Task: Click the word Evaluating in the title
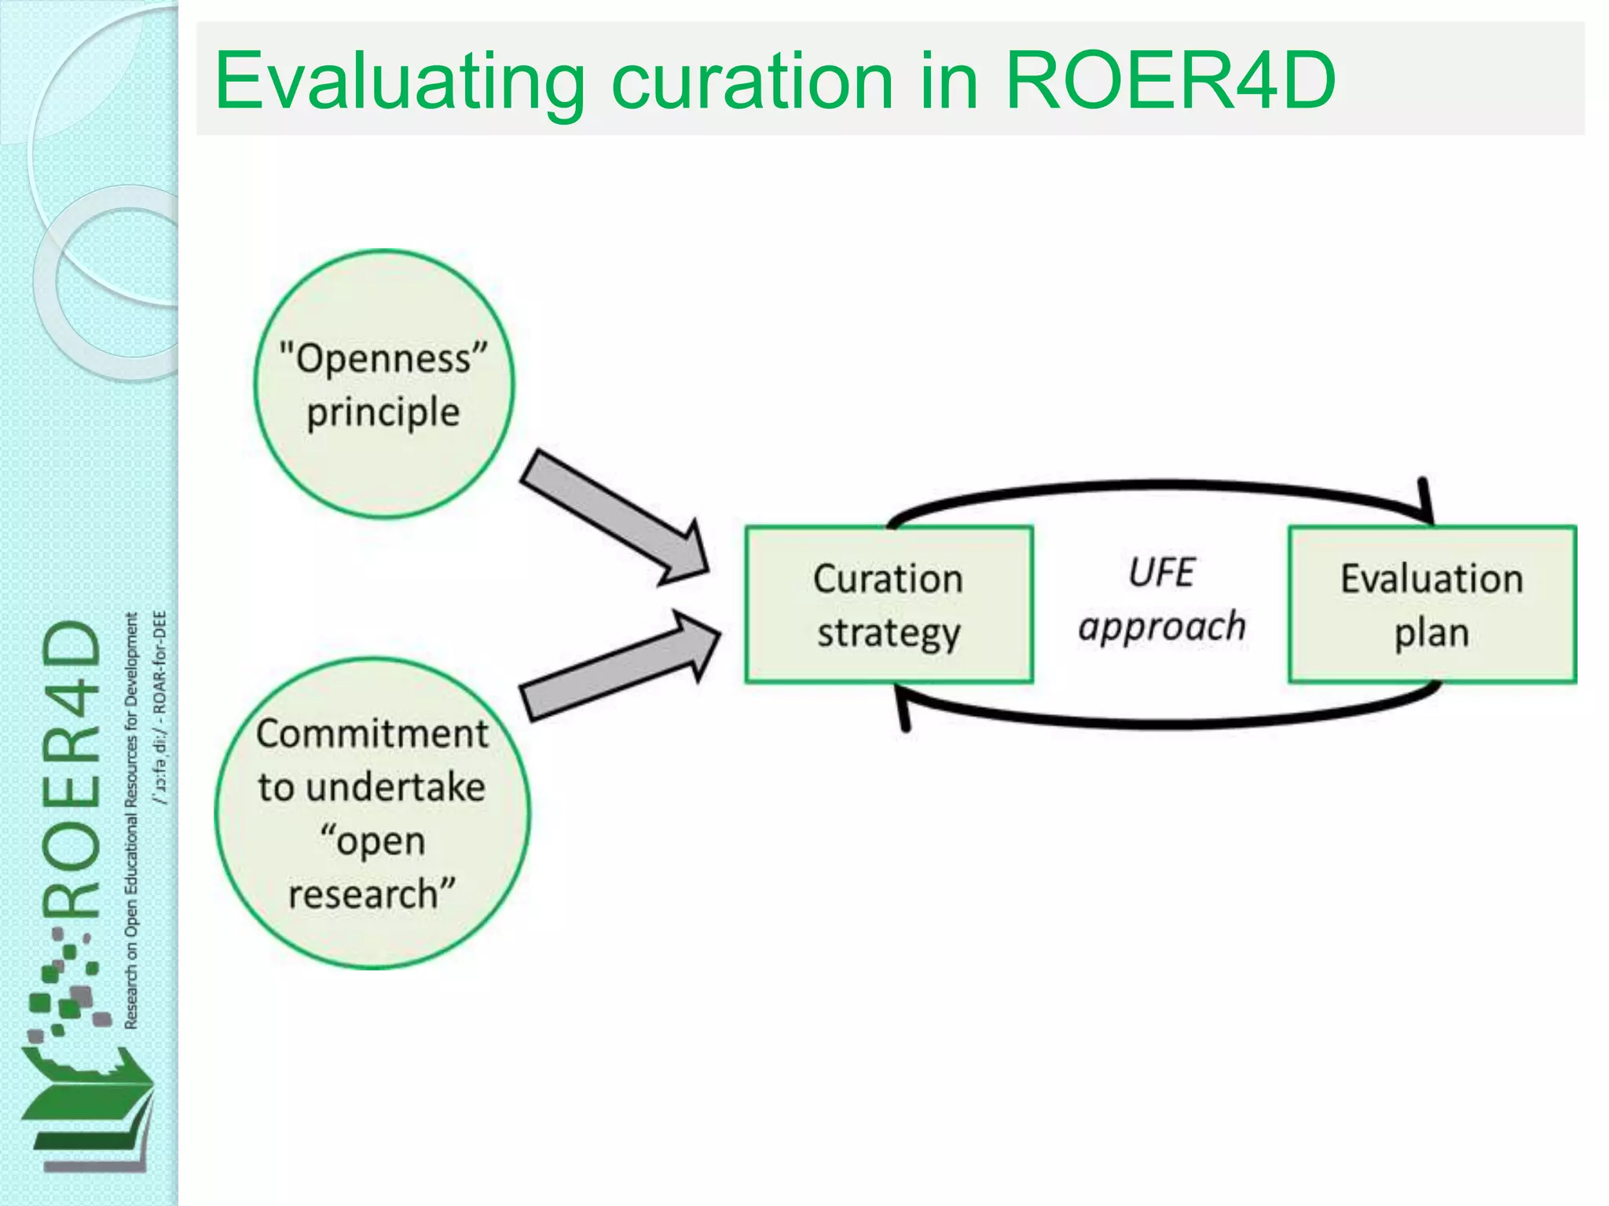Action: click(x=399, y=82)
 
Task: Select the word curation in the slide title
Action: click(x=752, y=80)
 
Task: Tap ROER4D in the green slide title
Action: click(x=1170, y=80)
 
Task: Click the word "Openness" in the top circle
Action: click(x=383, y=359)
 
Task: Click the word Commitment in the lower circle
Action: click(x=372, y=734)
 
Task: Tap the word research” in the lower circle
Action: click(x=372, y=894)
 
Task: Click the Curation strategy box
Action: click(x=888, y=605)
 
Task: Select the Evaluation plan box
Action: click(x=1431, y=605)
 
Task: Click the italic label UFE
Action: click(x=1161, y=572)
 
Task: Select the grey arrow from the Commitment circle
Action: click(x=621, y=665)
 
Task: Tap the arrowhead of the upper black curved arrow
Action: click(x=1426, y=502)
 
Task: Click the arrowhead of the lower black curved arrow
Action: click(x=903, y=707)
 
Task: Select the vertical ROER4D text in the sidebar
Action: click(x=72, y=769)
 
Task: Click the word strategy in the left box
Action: click(x=888, y=633)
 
